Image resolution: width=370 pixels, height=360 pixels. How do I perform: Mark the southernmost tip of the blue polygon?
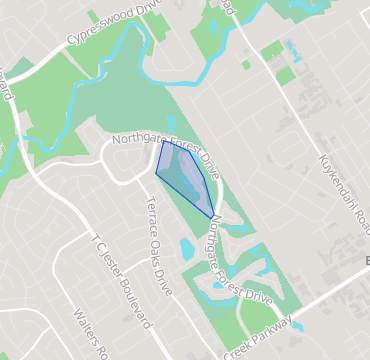[212, 218]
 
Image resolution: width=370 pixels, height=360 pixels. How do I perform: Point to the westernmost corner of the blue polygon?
[156, 173]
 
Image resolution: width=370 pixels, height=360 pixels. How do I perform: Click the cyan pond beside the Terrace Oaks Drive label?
[187, 248]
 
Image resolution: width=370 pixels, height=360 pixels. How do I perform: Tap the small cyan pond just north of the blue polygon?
[171, 124]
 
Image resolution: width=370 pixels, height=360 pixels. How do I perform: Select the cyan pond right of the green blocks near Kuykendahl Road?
[293, 48]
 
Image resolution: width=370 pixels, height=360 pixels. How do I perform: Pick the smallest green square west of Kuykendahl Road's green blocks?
[246, 64]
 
